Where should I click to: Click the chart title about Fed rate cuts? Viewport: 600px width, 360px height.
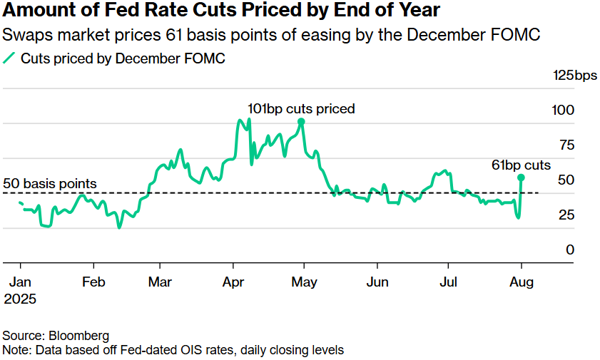(x=222, y=11)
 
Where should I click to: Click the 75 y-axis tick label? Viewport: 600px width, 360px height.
(x=564, y=145)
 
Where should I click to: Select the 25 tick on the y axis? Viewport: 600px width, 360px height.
(x=564, y=215)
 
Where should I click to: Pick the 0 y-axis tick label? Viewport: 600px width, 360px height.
(x=569, y=250)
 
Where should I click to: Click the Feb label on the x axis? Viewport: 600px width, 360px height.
(x=93, y=282)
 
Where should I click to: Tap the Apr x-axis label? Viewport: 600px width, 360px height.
(x=233, y=282)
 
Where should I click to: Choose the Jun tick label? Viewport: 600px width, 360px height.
(x=377, y=282)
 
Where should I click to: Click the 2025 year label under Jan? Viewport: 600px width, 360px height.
(x=21, y=299)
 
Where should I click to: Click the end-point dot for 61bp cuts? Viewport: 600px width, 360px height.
(x=522, y=178)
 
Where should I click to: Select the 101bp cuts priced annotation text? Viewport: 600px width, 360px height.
(x=301, y=109)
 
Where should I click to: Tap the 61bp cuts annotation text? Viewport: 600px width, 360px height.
(x=522, y=165)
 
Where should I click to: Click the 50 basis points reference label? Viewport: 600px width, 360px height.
(x=50, y=184)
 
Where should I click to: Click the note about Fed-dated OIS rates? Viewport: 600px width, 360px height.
(x=173, y=350)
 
